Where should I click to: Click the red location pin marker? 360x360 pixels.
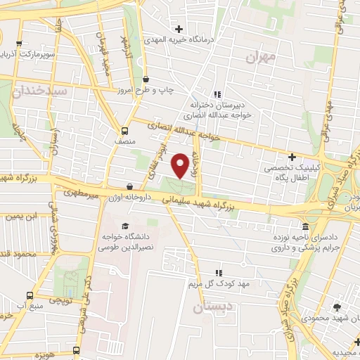point(181,165)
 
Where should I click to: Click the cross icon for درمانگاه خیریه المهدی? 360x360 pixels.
point(180,29)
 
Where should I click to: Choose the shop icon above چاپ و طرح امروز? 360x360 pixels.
point(146,79)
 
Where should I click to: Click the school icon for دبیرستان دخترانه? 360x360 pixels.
point(218,94)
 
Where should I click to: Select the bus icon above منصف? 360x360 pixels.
point(124,130)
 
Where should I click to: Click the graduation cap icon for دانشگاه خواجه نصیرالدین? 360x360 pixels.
point(125,226)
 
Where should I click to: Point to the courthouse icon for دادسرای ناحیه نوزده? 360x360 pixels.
point(306,226)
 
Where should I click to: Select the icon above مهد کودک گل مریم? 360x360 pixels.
point(218,272)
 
